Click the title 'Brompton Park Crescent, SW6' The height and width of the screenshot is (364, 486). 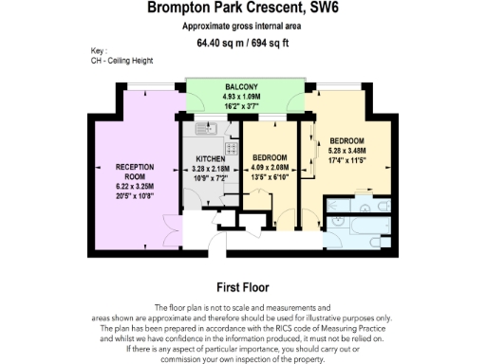[242, 9]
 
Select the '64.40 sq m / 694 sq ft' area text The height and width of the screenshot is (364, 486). [242, 43]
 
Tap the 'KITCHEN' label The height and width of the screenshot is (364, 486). [210, 158]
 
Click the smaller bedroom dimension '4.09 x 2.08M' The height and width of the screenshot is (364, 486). [272, 167]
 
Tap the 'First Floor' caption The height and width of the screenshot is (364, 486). [242, 287]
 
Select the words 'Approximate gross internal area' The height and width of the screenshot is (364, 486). [242, 27]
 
